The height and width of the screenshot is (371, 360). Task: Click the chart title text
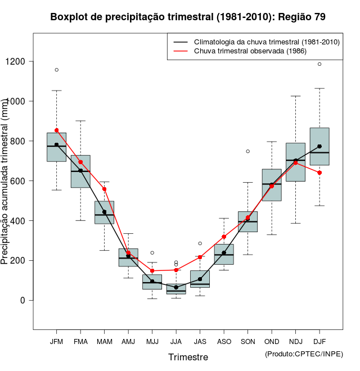[187, 17]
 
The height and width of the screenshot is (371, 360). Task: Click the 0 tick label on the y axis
[22, 300]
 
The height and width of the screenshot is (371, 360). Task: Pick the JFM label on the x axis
[56, 341]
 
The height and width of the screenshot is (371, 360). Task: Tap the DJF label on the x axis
[319, 341]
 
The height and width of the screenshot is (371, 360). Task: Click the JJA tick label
[176, 341]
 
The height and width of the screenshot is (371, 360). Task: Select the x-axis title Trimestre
[188, 357]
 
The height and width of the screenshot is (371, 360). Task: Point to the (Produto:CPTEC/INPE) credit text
[304, 354]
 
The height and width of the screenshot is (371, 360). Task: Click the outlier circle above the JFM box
[56, 70]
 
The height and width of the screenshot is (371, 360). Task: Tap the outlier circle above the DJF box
[319, 64]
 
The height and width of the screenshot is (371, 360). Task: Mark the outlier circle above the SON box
[247, 151]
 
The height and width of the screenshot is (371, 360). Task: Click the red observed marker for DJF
[319, 173]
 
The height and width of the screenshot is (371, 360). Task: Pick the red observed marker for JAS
[200, 257]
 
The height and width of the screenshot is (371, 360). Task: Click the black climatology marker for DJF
[319, 146]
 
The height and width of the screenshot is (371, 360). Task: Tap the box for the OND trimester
[272, 184]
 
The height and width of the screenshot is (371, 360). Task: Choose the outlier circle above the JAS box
[200, 243]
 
